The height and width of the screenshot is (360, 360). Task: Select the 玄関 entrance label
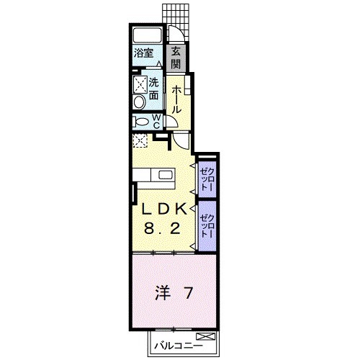176,55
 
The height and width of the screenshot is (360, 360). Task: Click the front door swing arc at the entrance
175,35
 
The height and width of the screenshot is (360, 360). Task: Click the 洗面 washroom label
154,89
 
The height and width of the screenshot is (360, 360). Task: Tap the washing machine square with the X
139,84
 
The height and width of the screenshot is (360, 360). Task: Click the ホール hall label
176,100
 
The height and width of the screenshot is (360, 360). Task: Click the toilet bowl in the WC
140,122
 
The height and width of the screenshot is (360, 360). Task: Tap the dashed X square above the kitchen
140,140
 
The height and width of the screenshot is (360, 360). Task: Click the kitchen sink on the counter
164,174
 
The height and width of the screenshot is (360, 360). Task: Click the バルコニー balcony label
176,347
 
